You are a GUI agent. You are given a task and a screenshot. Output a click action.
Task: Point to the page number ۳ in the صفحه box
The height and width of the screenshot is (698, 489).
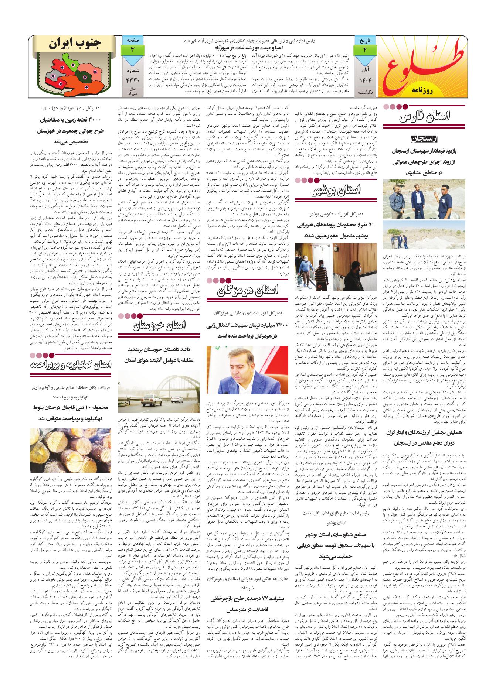click(x=132, y=49)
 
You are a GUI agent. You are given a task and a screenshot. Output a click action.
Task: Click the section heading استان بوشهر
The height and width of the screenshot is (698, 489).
click(x=336, y=191)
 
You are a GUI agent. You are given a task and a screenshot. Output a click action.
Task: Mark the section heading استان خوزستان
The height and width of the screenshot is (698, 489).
click(x=159, y=325)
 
